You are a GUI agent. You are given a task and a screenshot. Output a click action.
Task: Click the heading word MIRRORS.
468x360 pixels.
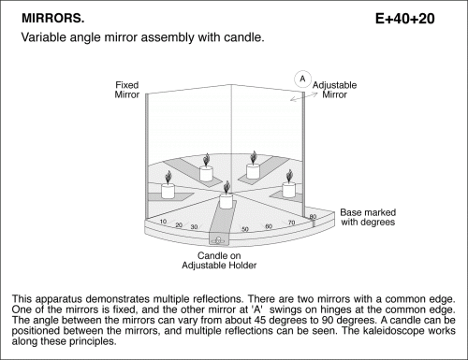(x=53, y=19)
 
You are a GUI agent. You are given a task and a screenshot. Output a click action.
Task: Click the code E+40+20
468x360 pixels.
(x=404, y=19)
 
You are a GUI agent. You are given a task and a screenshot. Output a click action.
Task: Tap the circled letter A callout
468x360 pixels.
(x=302, y=79)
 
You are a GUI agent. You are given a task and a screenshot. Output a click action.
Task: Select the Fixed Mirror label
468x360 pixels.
(x=126, y=90)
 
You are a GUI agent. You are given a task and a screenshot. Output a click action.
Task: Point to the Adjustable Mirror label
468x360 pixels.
(x=334, y=90)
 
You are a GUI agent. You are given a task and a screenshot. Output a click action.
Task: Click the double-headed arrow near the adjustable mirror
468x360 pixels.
(x=304, y=96)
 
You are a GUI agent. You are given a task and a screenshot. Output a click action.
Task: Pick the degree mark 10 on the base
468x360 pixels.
(x=163, y=222)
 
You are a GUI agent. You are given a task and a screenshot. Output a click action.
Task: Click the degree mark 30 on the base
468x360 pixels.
(x=194, y=227)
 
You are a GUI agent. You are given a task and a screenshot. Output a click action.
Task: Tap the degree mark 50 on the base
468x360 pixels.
(x=245, y=229)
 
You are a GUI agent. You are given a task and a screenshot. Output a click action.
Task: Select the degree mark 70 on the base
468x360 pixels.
(x=291, y=223)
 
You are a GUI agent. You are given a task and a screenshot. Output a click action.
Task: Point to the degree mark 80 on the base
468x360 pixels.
(x=313, y=217)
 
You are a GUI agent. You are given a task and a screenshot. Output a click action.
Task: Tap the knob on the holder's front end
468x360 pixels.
(x=218, y=240)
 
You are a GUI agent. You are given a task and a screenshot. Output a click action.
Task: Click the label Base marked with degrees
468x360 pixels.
(x=368, y=217)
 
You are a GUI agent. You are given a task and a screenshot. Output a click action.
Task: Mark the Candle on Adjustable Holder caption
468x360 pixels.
(x=219, y=261)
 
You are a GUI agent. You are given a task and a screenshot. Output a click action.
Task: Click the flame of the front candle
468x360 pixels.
(x=227, y=187)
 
